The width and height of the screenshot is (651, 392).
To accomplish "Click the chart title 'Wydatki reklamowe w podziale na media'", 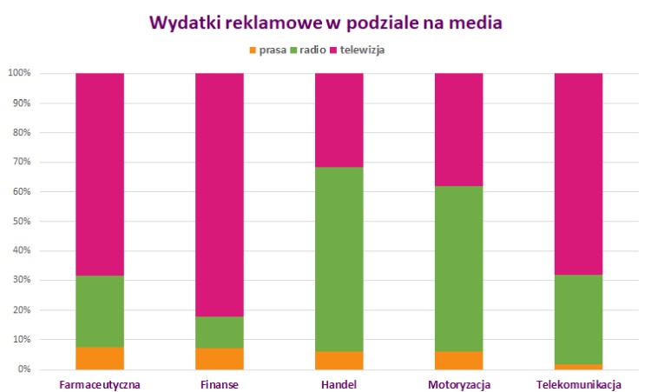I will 325,23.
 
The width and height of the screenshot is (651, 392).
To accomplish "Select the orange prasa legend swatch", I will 252,50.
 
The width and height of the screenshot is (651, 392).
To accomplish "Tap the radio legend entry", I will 306,50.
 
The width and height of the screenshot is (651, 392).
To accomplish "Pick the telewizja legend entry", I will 357,50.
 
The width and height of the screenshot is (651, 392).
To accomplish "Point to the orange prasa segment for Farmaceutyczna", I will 100,358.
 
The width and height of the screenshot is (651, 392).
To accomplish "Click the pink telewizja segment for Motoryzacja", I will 458,130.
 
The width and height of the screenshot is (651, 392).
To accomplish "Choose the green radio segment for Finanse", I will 219,332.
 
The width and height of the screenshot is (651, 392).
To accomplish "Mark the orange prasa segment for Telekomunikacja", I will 578,366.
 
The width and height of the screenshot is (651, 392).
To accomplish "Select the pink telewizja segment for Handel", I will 339,120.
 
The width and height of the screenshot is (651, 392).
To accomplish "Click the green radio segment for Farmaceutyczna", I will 100,311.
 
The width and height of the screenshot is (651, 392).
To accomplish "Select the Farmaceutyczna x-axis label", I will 100,383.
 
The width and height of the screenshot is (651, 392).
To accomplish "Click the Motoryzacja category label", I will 458,383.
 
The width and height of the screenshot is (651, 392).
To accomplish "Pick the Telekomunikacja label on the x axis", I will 578,383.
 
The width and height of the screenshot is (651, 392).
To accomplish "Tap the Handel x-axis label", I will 339,383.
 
